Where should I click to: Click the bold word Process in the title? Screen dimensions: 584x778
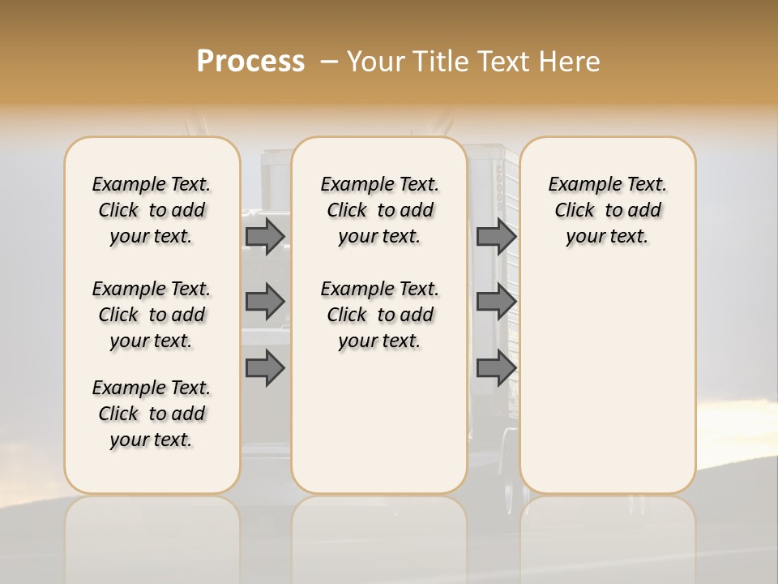[250, 62]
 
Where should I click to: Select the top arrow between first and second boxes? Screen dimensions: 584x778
[265, 237]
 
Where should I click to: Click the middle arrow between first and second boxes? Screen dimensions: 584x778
[265, 303]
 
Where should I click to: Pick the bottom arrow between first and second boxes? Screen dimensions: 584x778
[265, 368]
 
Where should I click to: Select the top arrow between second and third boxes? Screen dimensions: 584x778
[496, 237]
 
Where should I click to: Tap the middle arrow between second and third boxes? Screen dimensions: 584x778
[496, 303]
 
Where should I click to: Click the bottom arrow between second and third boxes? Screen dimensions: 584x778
[496, 368]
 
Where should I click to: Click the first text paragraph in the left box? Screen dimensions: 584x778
[152, 210]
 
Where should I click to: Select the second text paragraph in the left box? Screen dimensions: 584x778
[152, 315]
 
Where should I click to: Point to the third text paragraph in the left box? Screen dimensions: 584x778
[152, 414]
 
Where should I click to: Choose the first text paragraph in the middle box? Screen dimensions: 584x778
[379, 210]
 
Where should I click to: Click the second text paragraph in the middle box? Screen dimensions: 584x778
[379, 315]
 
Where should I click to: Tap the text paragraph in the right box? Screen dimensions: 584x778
[607, 210]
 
